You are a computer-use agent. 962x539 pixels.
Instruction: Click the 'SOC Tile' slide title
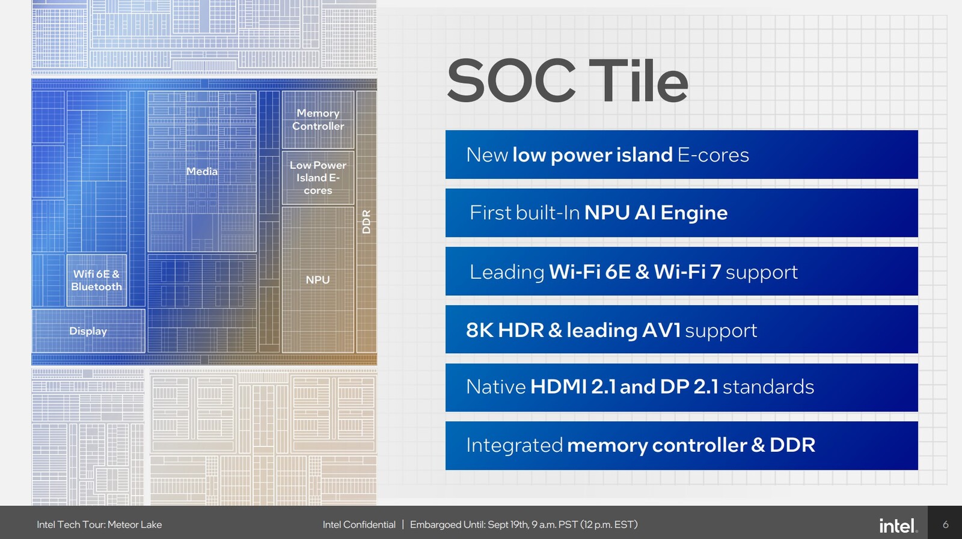point(568,81)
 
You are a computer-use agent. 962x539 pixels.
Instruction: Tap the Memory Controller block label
point(318,120)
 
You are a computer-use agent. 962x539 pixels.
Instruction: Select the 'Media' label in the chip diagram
point(202,171)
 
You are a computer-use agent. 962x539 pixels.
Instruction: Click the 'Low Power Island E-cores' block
point(318,178)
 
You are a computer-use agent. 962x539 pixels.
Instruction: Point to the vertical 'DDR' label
point(366,222)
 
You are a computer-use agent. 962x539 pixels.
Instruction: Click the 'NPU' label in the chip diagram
point(318,280)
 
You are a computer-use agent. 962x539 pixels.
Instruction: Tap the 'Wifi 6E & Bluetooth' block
point(97,280)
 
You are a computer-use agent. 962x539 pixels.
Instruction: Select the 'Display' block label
point(88,331)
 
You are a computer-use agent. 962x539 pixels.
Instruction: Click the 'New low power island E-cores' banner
point(682,154)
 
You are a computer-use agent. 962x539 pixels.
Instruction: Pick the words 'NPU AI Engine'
point(656,213)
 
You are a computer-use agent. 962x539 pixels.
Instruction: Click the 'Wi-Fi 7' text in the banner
point(687,271)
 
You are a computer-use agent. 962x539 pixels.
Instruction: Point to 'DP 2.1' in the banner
point(689,386)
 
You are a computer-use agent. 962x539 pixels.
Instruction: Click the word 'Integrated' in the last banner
point(514,445)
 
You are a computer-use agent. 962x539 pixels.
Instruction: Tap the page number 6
point(945,525)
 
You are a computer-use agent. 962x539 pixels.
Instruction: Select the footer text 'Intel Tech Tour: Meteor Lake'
point(99,525)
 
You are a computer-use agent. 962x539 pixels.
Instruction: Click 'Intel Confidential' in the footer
point(359,525)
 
